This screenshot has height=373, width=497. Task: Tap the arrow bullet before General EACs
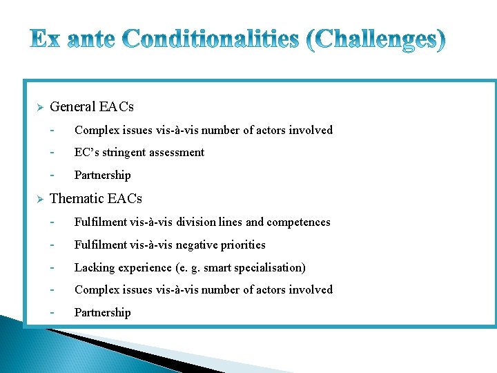tap(40, 108)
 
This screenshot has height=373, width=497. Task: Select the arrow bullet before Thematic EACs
tap(40, 199)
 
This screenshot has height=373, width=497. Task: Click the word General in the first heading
tap(73, 107)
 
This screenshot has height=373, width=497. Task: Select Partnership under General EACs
tap(102, 175)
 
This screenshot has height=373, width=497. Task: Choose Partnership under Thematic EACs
tap(102, 313)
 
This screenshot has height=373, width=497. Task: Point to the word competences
tap(299, 222)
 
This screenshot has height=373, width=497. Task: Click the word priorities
tap(244, 245)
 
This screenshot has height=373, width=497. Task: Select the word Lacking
tap(93, 268)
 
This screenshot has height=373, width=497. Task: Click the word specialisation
tap(269, 268)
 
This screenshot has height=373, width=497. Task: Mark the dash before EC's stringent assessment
tap(52, 152)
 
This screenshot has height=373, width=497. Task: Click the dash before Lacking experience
tap(52, 267)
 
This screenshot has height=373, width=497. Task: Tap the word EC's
tap(87, 153)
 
